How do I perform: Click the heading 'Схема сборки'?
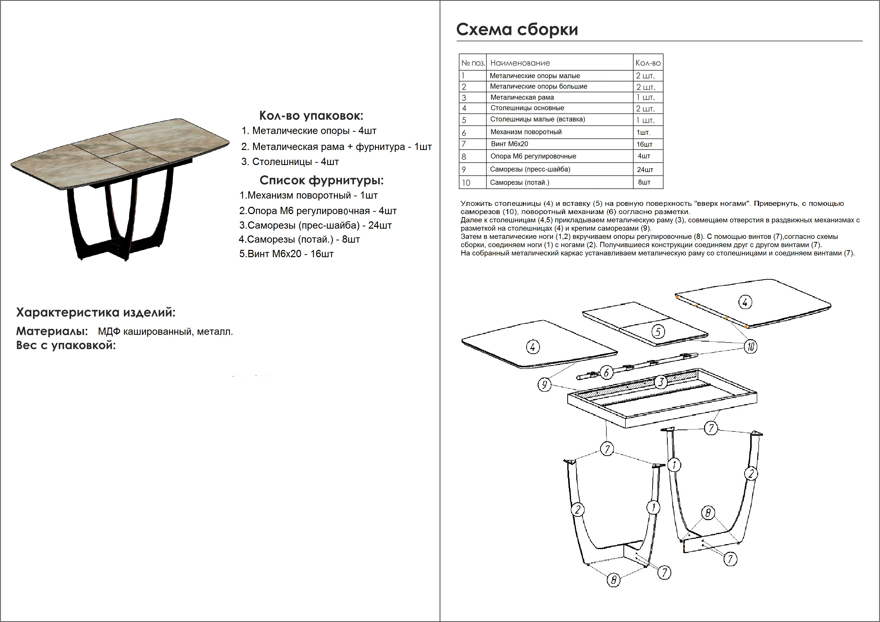tap(517, 30)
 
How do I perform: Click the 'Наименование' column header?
tap(520, 63)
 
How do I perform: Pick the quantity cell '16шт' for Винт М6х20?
tap(645, 144)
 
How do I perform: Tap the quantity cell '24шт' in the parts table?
tap(645, 169)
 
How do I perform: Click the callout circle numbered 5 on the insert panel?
tap(658, 331)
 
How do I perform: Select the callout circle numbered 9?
tap(544, 385)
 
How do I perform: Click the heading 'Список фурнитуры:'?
tap(321, 180)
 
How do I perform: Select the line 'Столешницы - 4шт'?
tap(290, 162)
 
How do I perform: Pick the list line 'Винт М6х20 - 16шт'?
tap(286, 254)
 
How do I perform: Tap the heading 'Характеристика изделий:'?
tap(95, 313)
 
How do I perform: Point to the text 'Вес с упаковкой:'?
tap(66, 346)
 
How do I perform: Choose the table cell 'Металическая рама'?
tap(522, 97)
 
